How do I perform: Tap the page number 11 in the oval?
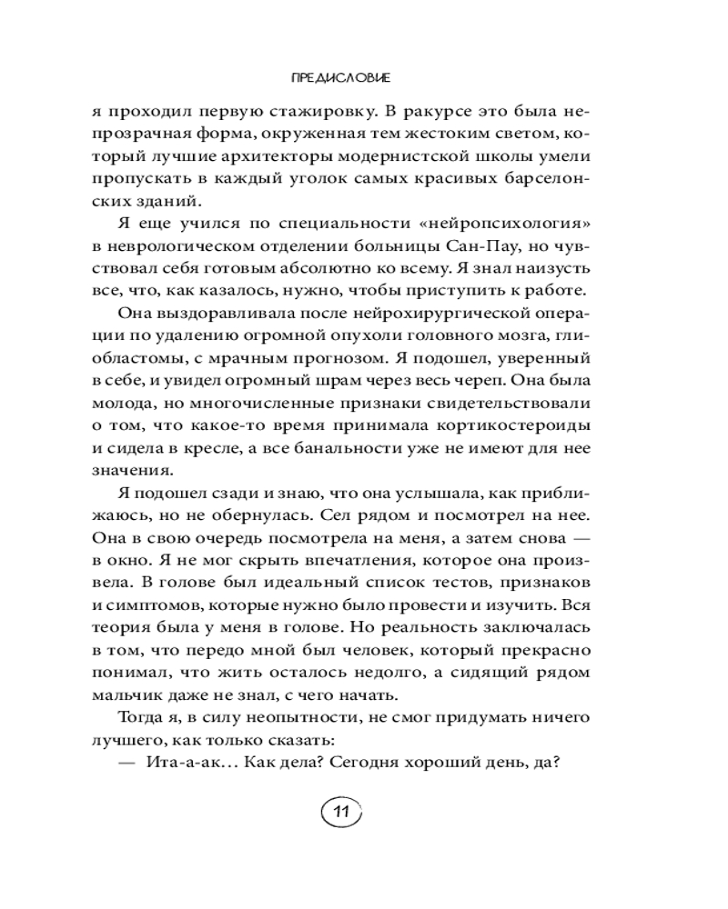(341, 812)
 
